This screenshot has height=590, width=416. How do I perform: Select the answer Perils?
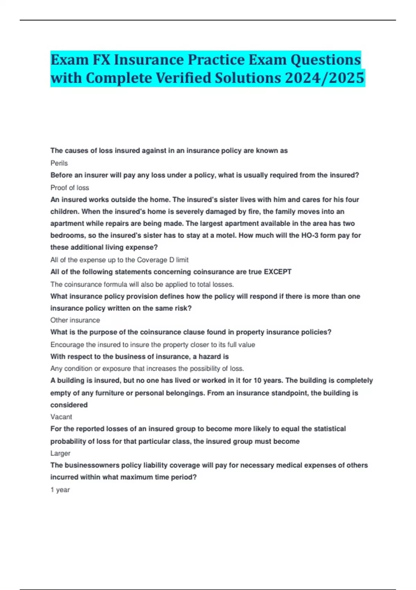point(59,163)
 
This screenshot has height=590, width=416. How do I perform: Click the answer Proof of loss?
point(70,188)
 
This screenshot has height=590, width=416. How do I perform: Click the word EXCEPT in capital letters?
point(277,272)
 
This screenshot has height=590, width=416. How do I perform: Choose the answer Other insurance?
point(75,320)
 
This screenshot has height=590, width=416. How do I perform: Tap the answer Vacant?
point(61,417)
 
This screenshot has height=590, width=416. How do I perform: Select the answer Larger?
point(60,453)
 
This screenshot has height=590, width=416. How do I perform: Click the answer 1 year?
point(60,490)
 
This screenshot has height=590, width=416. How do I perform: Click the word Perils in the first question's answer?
point(59,163)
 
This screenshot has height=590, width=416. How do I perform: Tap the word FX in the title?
point(101,60)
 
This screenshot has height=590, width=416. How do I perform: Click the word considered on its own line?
point(69,405)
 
